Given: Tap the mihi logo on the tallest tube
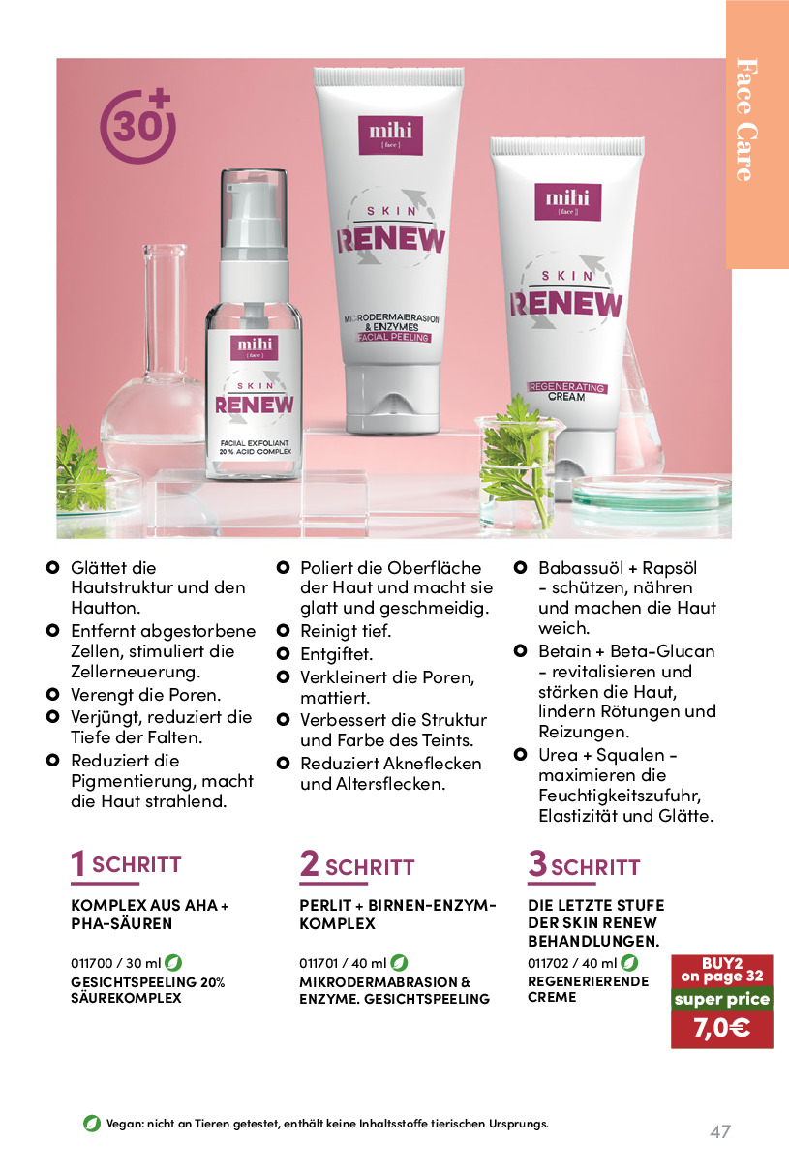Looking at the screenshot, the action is pyautogui.click(x=391, y=135).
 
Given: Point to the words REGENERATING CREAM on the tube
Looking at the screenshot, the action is pyautogui.click(x=567, y=392).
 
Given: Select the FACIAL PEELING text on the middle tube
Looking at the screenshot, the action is pyautogui.click(x=393, y=338).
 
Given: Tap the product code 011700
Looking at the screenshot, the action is pyautogui.click(x=92, y=963).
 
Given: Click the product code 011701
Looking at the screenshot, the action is pyautogui.click(x=319, y=963).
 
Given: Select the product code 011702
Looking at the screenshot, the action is pyautogui.click(x=547, y=963).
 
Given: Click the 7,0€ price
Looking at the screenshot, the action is pyautogui.click(x=722, y=1028).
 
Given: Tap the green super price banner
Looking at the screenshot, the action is pyautogui.click(x=722, y=999).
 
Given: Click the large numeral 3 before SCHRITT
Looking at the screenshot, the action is pyautogui.click(x=537, y=862).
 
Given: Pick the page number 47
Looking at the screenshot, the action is pyautogui.click(x=720, y=1132).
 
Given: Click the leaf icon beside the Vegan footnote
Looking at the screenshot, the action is pyautogui.click(x=92, y=1123).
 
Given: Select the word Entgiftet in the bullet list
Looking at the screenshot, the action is pyautogui.click(x=336, y=654).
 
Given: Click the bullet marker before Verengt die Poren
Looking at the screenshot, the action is pyautogui.click(x=52, y=694).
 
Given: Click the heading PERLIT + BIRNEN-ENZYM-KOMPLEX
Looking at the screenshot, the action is pyautogui.click(x=398, y=914).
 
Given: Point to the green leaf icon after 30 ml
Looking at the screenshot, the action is pyautogui.click(x=173, y=962).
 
